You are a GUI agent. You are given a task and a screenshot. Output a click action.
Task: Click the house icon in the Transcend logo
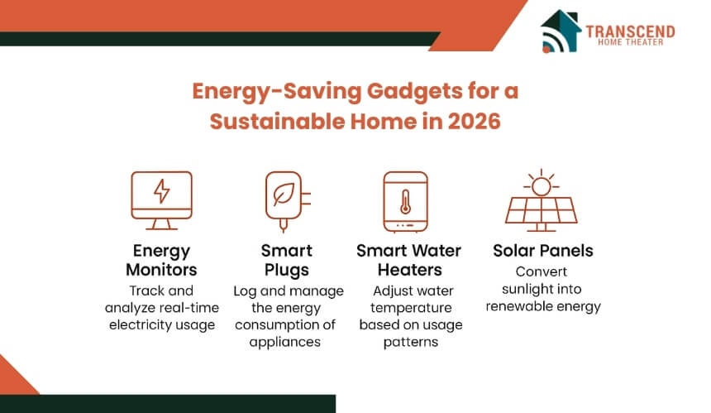point(561,31)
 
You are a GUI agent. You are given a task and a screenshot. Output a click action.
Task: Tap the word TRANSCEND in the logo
point(630,31)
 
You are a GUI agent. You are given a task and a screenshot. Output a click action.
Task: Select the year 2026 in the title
point(475,121)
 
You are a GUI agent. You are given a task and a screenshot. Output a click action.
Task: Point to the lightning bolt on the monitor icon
point(161,191)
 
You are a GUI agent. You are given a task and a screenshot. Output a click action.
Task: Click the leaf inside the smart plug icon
point(284,194)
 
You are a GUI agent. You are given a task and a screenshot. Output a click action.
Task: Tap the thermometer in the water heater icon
point(405,202)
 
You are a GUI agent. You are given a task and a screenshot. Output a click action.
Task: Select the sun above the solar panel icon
point(541,185)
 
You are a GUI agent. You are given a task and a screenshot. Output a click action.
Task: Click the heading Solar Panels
point(543,251)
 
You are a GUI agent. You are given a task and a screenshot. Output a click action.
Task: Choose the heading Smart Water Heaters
point(409,260)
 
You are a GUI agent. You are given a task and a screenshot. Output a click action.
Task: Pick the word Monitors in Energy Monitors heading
point(161,270)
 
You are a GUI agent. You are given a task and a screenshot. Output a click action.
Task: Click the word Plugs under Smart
point(287,271)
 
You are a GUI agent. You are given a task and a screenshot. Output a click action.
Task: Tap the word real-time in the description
point(193,308)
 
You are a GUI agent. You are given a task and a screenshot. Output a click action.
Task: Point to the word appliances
point(284,343)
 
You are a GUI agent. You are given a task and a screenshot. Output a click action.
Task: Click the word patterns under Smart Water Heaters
point(411,342)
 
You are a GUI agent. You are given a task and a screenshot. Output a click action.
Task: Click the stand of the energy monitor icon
point(161,224)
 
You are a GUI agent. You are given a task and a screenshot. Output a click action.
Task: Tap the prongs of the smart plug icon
point(306,199)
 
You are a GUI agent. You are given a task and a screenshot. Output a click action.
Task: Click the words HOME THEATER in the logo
point(630,42)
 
